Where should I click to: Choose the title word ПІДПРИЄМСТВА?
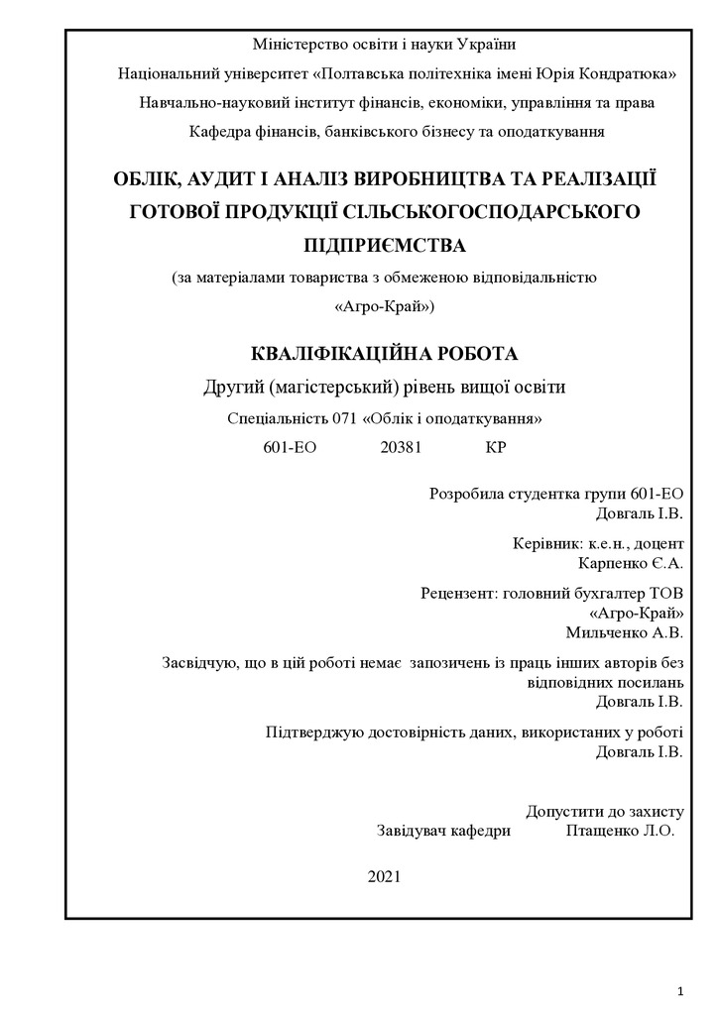click(383, 243)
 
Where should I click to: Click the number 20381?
click(402, 447)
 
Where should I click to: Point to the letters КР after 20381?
click(496, 447)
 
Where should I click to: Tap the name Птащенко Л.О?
click(620, 831)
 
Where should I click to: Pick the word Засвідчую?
click(202, 663)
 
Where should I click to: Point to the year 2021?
click(384, 876)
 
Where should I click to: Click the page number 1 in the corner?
click(682, 990)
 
